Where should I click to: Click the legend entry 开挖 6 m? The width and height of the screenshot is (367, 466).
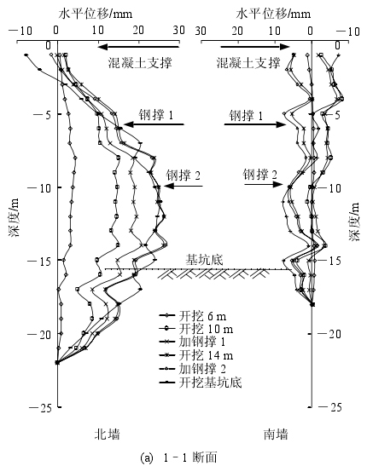point(193,316)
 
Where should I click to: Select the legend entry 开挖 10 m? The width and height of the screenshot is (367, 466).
point(196,329)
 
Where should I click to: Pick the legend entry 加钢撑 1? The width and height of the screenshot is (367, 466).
point(192,342)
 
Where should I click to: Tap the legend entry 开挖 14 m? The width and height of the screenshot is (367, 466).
point(196,355)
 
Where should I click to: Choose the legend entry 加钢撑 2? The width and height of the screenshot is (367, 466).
point(193,369)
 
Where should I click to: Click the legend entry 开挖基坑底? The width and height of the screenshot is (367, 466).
point(200,382)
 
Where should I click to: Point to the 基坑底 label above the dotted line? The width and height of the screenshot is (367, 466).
point(204,260)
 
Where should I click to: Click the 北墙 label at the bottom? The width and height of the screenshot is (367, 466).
point(108,434)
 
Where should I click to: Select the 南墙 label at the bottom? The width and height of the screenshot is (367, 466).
point(276,434)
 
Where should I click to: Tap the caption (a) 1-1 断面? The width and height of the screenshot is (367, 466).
point(178,457)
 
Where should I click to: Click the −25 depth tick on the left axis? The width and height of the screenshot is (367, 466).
point(40,408)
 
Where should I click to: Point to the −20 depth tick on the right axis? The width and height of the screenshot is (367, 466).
point(329,334)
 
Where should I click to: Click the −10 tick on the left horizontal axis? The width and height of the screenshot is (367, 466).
point(20,31)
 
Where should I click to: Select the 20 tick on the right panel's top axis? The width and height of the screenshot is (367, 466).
point(237,31)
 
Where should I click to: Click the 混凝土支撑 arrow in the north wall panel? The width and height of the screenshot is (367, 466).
point(138,47)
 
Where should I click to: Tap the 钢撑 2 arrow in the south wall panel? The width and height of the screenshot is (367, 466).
point(264,185)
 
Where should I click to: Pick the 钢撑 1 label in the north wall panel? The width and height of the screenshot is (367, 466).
point(155,115)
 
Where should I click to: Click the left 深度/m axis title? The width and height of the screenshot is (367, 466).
point(14,217)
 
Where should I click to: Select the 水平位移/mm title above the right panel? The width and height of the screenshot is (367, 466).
point(273,14)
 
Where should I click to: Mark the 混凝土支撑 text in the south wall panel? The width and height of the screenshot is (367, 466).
point(248,63)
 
